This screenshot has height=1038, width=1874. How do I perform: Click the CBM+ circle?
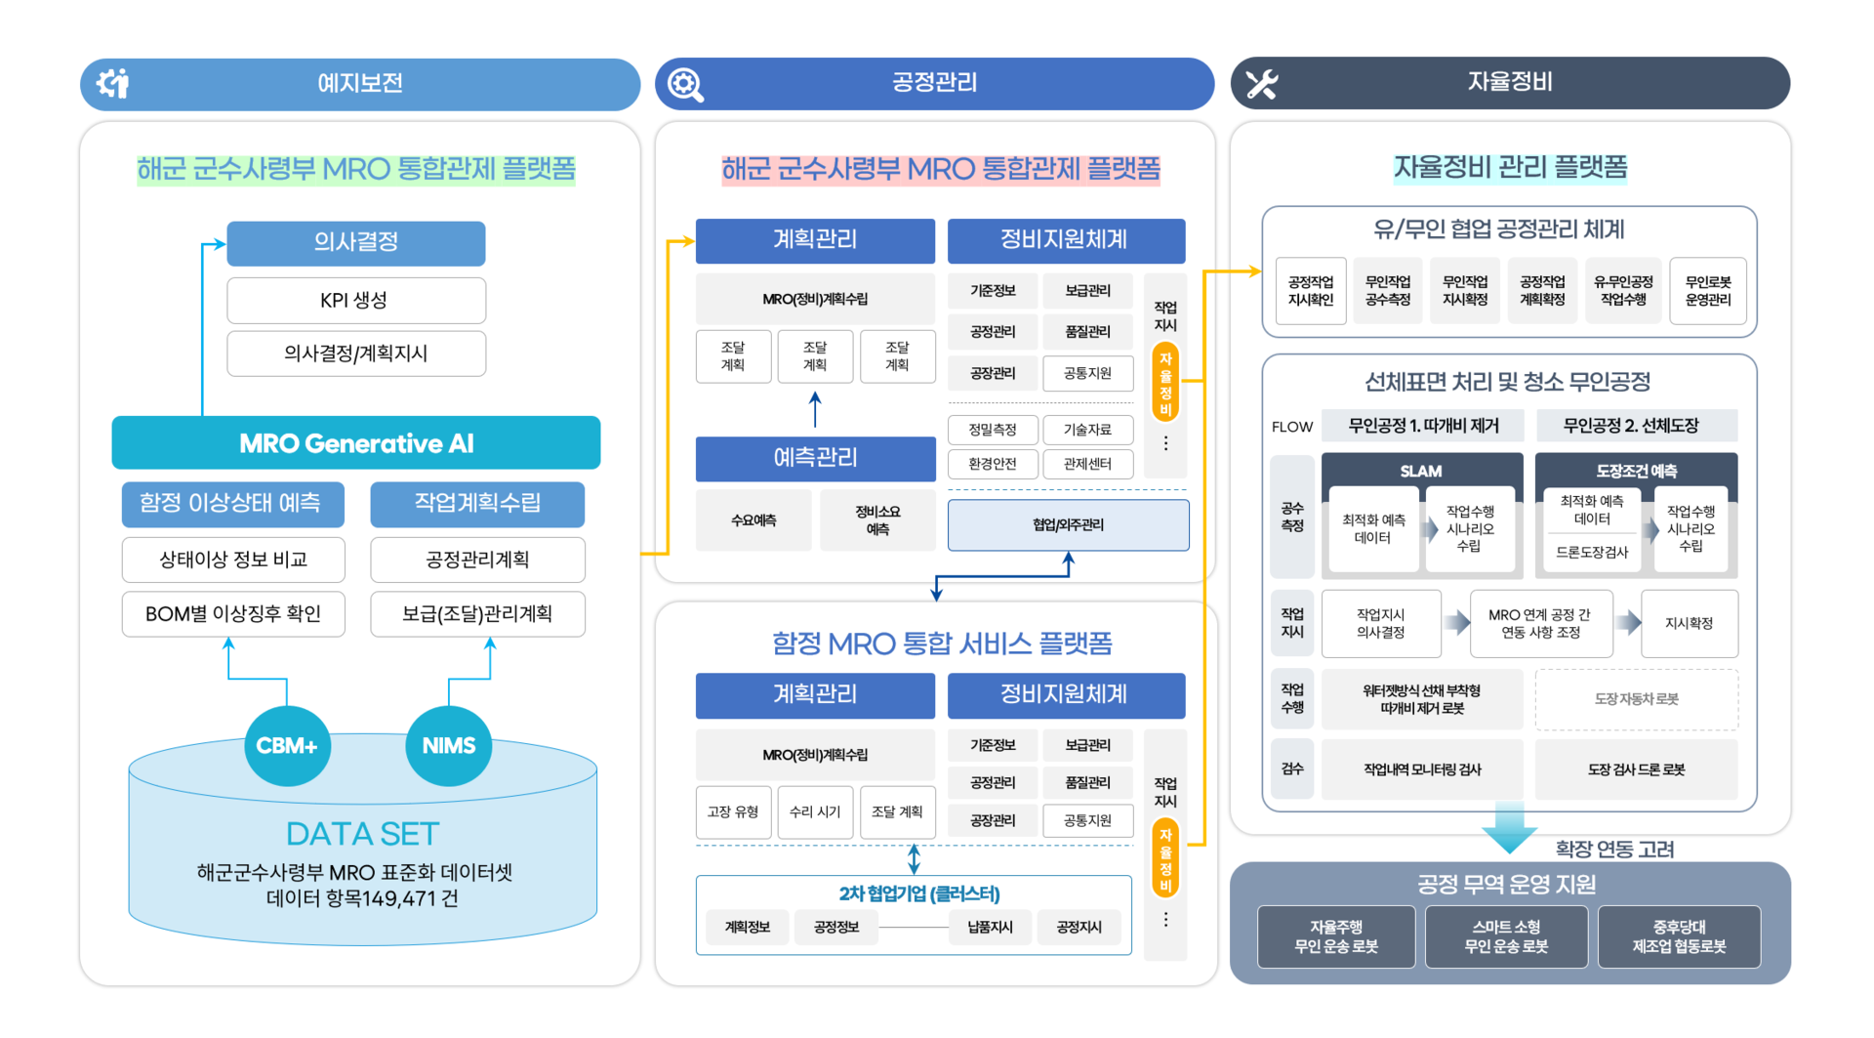point(287,746)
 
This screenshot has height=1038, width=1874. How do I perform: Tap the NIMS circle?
point(448,746)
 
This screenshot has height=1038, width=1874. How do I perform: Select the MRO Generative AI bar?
point(355,443)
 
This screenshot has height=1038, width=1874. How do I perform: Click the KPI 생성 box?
point(355,300)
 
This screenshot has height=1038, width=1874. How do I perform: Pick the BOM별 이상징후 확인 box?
point(233,613)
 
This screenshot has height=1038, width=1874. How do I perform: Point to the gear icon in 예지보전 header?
point(113,83)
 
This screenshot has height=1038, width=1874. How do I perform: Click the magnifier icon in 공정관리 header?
point(685,84)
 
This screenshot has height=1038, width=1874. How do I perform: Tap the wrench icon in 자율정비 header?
point(1261,84)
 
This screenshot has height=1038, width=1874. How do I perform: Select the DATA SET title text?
point(362,833)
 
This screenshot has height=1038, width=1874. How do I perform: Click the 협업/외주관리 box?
point(1068,524)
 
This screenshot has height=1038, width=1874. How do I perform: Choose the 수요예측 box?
point(754,520)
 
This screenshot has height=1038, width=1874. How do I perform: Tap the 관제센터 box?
point(1087,464)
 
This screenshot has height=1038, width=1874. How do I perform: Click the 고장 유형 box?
point(733,811)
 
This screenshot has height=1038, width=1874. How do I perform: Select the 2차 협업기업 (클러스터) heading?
point(918,893)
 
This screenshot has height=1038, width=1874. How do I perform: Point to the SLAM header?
point(1421,471)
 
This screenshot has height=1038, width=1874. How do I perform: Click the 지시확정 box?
point(1689,623)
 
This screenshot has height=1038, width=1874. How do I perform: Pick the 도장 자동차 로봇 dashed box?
point(1636,699)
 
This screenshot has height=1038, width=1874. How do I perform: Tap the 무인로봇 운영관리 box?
point(1707,291)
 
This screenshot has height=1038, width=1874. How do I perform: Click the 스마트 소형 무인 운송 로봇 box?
point(1506,936)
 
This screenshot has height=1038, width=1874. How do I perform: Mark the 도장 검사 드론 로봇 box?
point(1636,769)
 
